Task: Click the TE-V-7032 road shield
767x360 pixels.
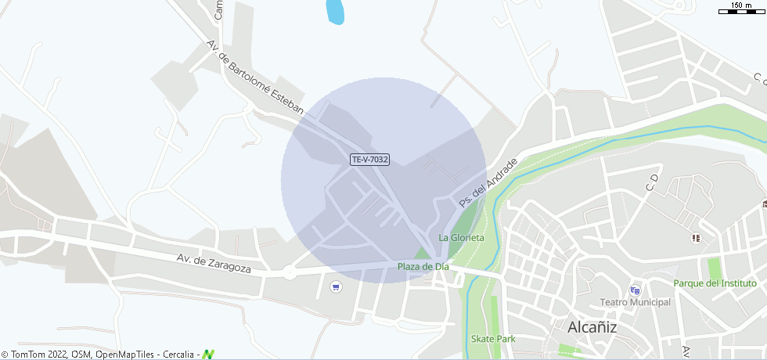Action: click(x=369, y=160)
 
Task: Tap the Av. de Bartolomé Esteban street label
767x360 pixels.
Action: click(x=254, y=77)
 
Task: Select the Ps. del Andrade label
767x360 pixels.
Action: click(x=488, y=182)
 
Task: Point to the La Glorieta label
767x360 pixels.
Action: click(x=461, y=237)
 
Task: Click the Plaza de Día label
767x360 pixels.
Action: click(x=423, y=267)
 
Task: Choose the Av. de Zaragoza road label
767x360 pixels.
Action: click(x=214, y=262)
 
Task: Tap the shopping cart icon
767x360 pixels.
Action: click(x=336, y=286)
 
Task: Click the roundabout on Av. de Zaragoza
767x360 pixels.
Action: click(x=290, y=273)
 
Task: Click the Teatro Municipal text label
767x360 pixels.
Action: click(x=635, y=302)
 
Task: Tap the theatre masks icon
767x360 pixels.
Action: click(x=635, y=290)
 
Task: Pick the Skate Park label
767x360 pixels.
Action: click(x=493, y=339)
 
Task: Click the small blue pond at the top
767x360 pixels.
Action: click(x=335, y=12)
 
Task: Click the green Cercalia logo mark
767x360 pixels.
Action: click(x=208, y=355)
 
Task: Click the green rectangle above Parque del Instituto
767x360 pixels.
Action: click(x=713, y=267)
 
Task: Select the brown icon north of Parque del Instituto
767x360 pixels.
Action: click(x=696, y=237)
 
